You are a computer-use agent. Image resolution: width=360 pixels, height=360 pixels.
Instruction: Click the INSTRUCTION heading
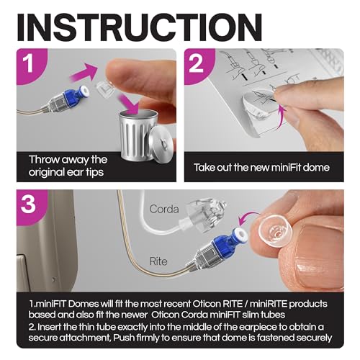click(x=139, y=27)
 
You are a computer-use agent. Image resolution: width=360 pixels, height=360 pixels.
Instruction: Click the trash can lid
click(x=161, y=142)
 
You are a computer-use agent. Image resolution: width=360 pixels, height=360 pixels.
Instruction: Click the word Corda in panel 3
click(x=164, y=209)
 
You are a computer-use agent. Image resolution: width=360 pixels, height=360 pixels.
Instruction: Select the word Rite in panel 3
click(x=158, y=261)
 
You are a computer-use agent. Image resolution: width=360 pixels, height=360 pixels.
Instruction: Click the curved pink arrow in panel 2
click(x=282, y=115)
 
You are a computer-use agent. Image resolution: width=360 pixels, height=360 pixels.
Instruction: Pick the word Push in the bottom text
click(x=124, y=338)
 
